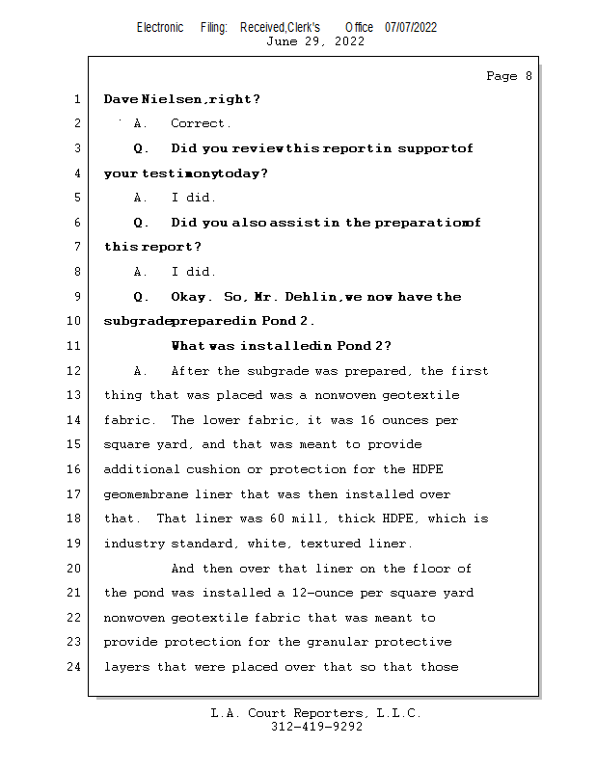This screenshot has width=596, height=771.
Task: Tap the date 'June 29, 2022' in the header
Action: [x=314, y=41]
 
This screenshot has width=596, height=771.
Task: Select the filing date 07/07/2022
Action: [x=411, y=27]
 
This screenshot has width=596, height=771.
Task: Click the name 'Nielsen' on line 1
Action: [x=175, y=99]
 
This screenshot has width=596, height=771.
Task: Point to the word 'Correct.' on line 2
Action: [x=201, y=123]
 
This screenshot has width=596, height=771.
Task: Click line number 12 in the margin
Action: [x=75, y=371]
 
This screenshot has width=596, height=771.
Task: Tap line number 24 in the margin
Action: [x=75, y=667]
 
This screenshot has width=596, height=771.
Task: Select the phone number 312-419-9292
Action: [x=316, y=727]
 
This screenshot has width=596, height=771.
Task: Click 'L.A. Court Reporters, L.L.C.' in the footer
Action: [x=316, y=713]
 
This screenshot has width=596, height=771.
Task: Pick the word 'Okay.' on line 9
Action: [x=194, y=297]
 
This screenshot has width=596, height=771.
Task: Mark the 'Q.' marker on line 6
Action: [x=142, y=223]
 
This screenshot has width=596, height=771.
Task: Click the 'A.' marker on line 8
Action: [x=142, y=272]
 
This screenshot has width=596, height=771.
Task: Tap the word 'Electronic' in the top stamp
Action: [x=160, y=27]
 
